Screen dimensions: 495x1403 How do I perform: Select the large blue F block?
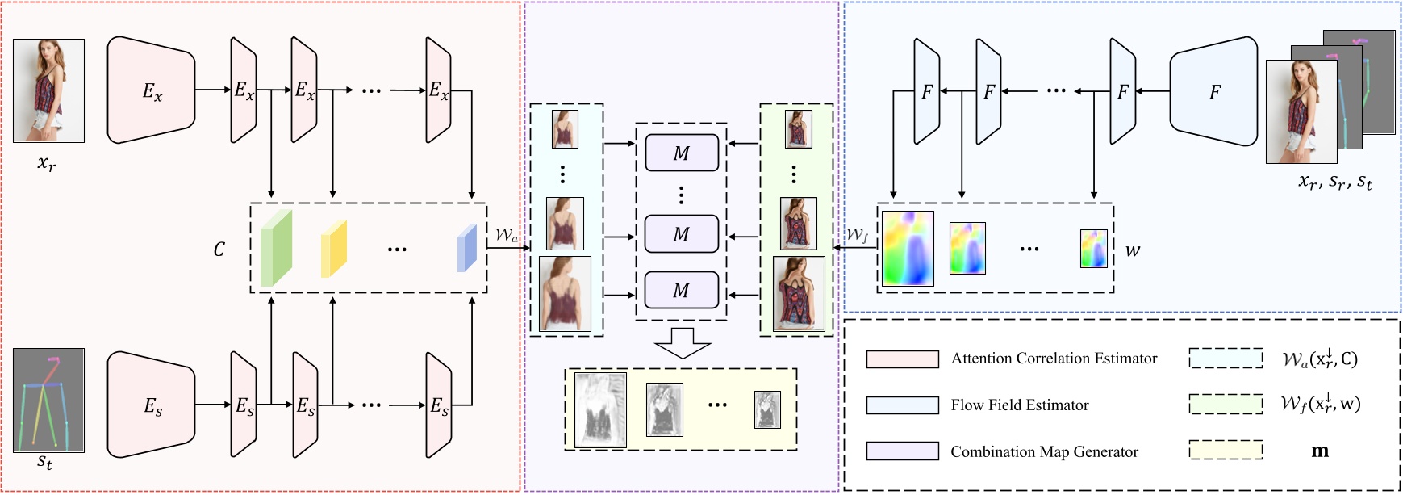pos(1213,91)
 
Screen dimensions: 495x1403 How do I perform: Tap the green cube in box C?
pos(276,248)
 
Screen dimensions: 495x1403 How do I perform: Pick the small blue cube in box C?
pos(467,249)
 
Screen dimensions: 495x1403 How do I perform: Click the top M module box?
pos(682,153)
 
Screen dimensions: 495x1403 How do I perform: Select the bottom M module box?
pos(682,291)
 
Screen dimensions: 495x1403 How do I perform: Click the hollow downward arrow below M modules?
pos(683,342)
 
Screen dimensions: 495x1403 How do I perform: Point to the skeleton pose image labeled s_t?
pos(48,400)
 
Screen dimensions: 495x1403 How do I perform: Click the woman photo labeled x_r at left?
pos(48,90)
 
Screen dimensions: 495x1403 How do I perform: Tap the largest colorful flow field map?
pos(908,249)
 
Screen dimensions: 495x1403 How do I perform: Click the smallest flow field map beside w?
pos(1094,249)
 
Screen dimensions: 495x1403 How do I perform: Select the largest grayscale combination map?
pos(600,409)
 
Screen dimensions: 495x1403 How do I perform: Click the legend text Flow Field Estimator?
pos(1019,405)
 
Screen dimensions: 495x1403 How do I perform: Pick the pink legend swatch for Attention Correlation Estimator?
pos(902,359)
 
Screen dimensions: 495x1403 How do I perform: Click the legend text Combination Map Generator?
pos(1044,452)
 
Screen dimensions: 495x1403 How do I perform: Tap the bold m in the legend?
pos(1320,451)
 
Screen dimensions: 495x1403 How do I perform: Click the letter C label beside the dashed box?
pos(219,250)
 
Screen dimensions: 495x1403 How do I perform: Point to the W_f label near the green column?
pos(857,235)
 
